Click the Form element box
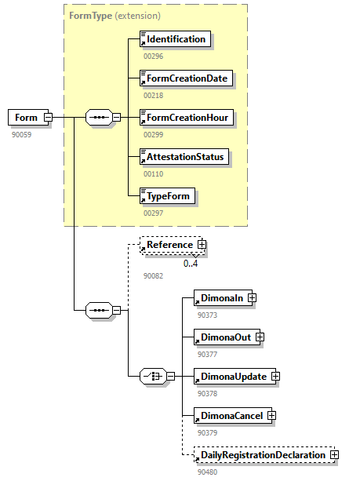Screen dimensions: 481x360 (25, 118)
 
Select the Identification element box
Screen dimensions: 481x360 (175, 39)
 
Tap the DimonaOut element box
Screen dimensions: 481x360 (224, 337)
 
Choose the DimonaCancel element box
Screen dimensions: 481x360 (231, 415)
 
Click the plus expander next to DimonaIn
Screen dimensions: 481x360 (252, 298)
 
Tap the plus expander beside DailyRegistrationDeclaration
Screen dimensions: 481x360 (334, 454)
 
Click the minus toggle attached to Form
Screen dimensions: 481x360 (48, 118)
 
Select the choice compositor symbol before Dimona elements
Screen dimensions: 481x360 (151, 377)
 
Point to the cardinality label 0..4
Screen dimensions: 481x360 (191, 264)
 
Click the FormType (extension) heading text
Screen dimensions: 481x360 (115, 15)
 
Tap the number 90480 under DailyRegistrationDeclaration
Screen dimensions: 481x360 (208, 472)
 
